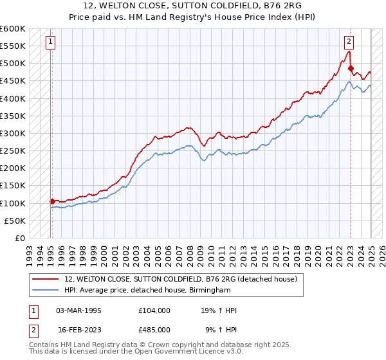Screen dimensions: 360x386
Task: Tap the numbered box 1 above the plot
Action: pyautogui.click(x=50, y=42)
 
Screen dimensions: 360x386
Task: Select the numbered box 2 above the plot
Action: pyautogui.click(x=349, y=42)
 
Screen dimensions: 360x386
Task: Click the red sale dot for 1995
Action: pyautogui.click(x=52, y=201)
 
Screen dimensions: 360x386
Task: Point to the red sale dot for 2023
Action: pyautogui.click(x=351, y=68)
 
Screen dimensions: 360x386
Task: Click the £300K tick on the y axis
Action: pyautogui.click(x=14, y=134)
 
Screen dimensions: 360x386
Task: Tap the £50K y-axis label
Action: pyautogui.click(x=16, y=221)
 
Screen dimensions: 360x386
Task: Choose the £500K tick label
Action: pyautogui.click(x=14, y=64)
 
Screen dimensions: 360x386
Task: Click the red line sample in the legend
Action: pyautogui.click(x=46, y=279)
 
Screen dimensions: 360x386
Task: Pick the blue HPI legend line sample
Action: pyautogui.click(x=46, y=291)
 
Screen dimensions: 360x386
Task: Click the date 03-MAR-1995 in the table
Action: pyautogui.click(x=79, y=310)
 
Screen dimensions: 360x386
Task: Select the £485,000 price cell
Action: pyautogui.click(x=154, y=329)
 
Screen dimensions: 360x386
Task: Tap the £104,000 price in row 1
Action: pyautogui.click(x=154, y=310)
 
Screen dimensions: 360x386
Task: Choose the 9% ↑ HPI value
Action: pyautogui.click(x=221, y=329)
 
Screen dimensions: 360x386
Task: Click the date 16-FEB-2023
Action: pyautogui.click(x=79, y=329)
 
